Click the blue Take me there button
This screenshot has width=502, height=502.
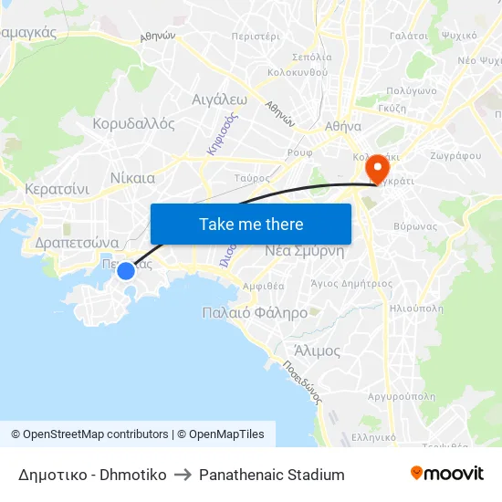click(251, 224)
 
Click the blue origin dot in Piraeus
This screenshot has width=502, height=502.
click(126, 270)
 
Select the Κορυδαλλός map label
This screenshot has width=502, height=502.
click(134, 124)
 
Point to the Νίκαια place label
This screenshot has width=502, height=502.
click(131, 178)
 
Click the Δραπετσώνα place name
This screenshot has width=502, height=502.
click(77, 243)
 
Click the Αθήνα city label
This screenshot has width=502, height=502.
click(342, 127)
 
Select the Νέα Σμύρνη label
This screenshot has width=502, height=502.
click(304, 251)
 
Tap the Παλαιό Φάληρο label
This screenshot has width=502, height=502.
click(255, 312)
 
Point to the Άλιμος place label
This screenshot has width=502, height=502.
click(318, 350)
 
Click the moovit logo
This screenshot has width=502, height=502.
click(446, 474)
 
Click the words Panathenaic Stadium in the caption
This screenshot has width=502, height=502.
click(272, 475)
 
